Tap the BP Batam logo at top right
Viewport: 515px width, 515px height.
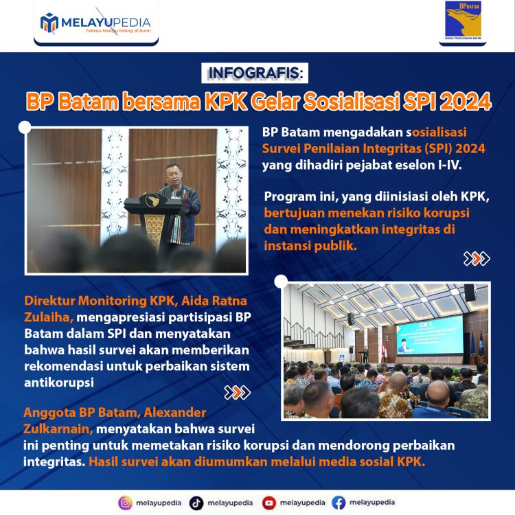coord(463,21)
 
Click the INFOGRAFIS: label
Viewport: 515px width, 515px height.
coord(257,73)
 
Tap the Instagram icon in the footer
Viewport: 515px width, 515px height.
coord(125,503)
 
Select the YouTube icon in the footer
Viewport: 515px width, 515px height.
coord(269,503)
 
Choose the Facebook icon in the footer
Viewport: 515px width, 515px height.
coord(339,503)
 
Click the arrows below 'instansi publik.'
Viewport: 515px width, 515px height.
coord(477,259)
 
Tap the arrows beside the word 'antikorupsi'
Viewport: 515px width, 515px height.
coord(238,393)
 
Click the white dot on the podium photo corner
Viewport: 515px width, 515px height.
coord(25,126)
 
